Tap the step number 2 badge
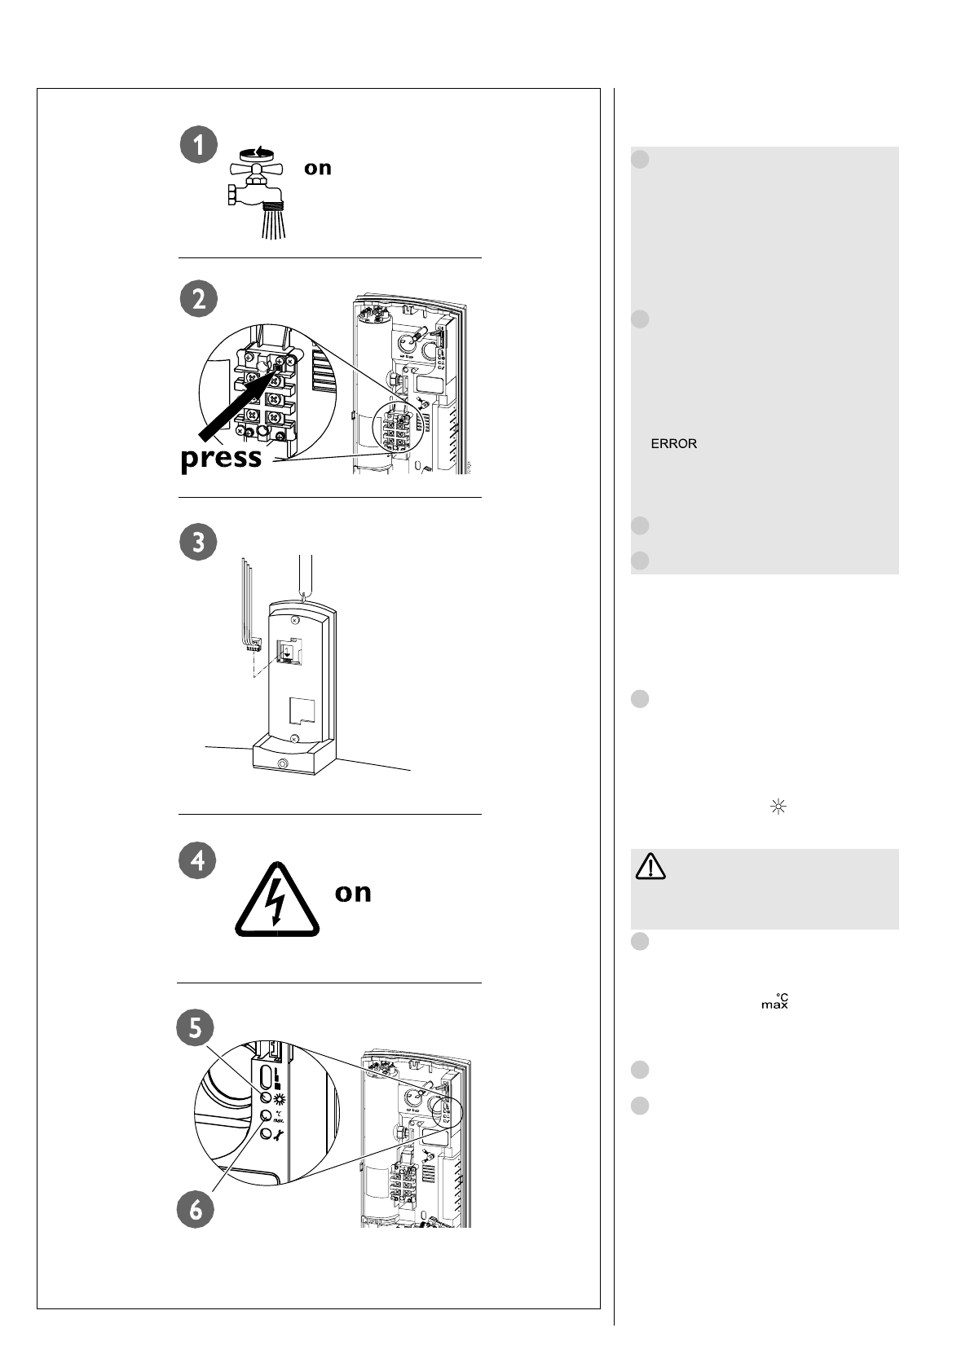(198, 299)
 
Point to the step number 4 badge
(198, 860)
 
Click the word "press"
(221, 458)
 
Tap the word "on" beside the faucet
(318, 169)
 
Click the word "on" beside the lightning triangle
(353, 892)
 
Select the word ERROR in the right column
(673, 444)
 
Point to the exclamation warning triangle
(650, 868)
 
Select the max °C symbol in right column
(774, 1001)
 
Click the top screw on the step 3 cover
(294, 620)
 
